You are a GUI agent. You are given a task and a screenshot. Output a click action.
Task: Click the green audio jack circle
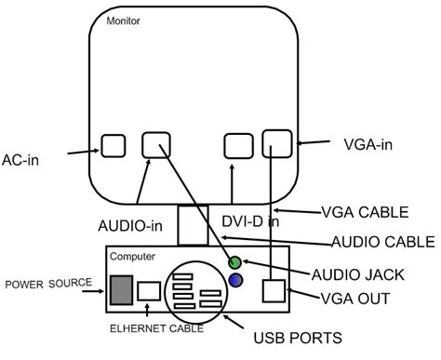pos(236,263)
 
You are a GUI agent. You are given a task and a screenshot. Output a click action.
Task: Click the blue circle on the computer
pos(236,280)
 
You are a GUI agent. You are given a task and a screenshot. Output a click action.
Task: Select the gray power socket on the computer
pos(121,290)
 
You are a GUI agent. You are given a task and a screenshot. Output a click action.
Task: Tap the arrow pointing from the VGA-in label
pos(317,143)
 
